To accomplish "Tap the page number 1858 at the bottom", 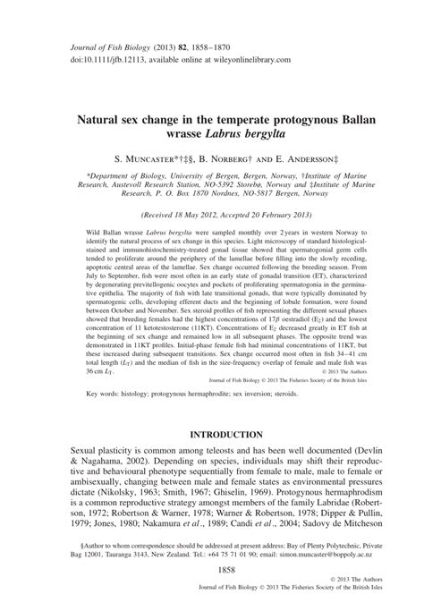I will (x=212, y=568).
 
